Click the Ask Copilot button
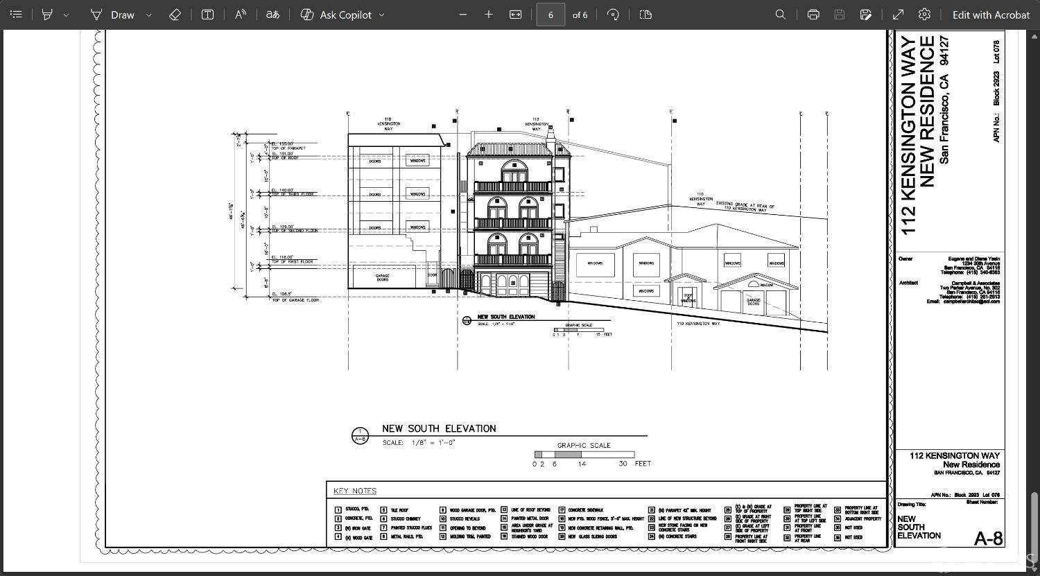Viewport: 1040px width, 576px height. tap(343, 15)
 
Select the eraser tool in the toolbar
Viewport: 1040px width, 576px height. tap(175, 15)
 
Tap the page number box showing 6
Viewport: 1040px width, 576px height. tap(550, 15)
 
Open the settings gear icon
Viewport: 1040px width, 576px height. tap(924, 15)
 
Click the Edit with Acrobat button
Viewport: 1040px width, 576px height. tap(990, 15)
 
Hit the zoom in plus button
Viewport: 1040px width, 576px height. tap(488, 15)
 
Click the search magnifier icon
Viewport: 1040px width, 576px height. tap(780, 15)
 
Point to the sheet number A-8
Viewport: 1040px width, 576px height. tap(988, 538)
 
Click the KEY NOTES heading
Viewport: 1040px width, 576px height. tap(355, 491)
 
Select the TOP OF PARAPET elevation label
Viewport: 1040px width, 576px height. tap(288, 148)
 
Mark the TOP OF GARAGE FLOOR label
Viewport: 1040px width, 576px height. tap(295, 300)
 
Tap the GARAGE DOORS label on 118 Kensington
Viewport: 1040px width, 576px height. tap(382, 277)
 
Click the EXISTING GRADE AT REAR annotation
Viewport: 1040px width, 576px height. tap(745, 207)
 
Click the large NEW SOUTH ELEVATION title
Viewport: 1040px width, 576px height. tap(439, 428)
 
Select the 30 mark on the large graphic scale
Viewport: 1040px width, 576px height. tap(623, 464)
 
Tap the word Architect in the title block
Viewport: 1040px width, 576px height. tap(908, 283)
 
